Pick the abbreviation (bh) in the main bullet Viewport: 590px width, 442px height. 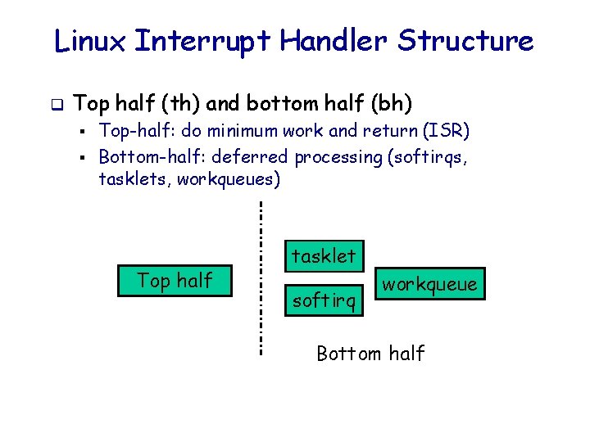coord(393,104)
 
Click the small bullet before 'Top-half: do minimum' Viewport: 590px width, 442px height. coord(84,131)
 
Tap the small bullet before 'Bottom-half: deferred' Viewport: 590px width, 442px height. coord(84,156)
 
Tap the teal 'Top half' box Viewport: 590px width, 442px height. coord(175,280)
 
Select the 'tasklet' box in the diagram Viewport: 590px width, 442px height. coord(324,256)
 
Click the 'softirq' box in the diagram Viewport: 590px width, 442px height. coord(324,301)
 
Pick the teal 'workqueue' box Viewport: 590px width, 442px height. coord(429,284)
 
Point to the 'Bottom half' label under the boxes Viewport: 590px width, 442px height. coord(370,354)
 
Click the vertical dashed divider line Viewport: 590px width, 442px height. coord(261,278)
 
